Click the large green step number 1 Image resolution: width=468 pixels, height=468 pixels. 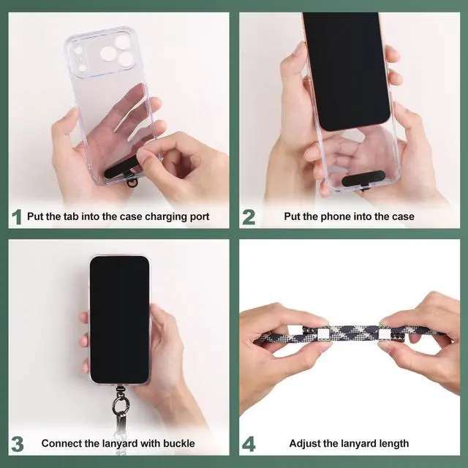pos(17,217)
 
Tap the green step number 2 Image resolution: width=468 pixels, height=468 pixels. pos(249,217)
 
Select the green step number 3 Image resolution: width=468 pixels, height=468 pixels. pos(18,444)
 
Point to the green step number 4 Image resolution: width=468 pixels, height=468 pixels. pos(249,444)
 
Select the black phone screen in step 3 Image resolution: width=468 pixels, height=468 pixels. pos(119,320)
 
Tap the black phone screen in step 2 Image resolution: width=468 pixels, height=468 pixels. pos(346,70)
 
